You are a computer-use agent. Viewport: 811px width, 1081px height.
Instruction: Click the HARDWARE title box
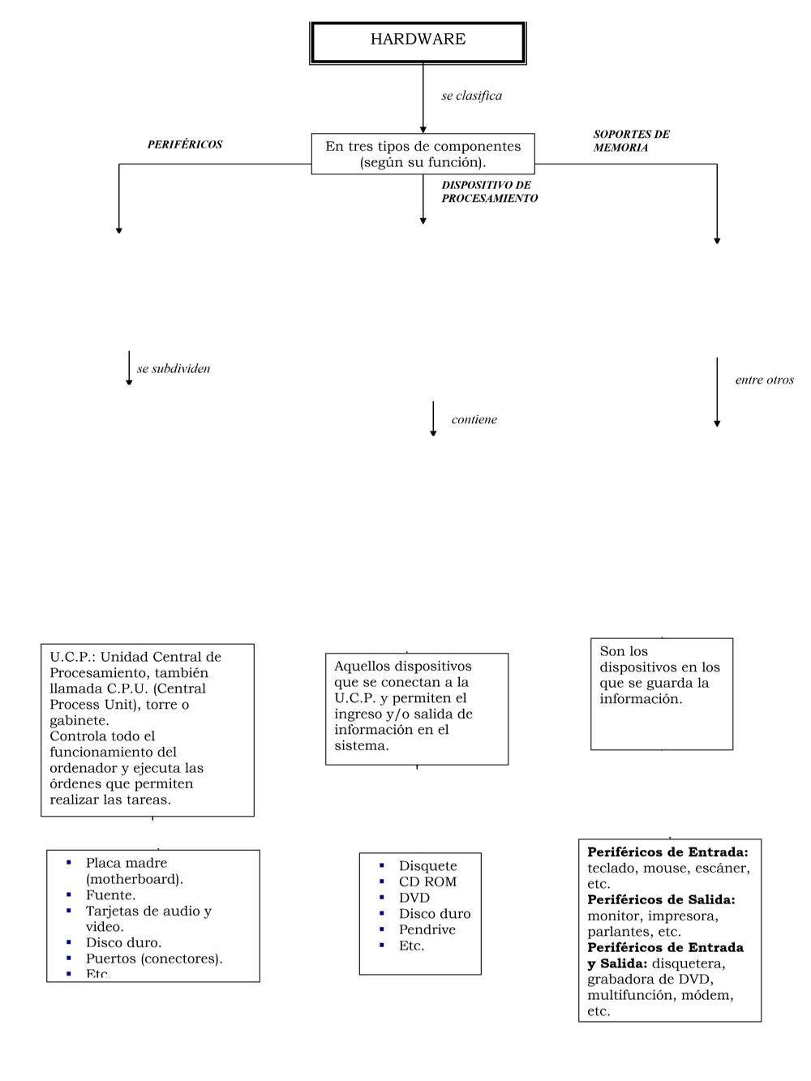[418, 41]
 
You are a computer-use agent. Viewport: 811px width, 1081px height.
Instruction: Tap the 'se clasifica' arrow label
[471, 96]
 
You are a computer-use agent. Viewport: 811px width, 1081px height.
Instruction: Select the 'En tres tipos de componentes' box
[423, 154]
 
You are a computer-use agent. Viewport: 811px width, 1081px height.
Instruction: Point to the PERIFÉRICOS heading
[184, 144]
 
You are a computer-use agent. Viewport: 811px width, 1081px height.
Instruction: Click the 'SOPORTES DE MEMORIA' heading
[631, 141]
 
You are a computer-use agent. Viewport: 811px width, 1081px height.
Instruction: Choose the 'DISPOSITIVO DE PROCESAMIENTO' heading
[489, 191]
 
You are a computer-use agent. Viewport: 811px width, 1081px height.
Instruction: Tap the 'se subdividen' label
[174, 368]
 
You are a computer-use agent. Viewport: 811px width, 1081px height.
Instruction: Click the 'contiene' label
[474, 419]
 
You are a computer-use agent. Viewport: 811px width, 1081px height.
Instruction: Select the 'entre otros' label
[764, 380]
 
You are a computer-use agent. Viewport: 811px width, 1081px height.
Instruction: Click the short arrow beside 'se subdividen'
[129, 367]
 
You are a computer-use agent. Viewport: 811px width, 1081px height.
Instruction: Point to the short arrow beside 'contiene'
[433, 418]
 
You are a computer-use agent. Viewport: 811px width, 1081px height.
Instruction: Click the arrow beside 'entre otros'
[717, 392]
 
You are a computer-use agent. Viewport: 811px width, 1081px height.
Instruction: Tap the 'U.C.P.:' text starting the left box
[71, 657]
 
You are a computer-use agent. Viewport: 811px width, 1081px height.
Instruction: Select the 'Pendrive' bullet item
[427, 929]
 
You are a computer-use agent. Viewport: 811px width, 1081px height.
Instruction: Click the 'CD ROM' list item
[427, 882]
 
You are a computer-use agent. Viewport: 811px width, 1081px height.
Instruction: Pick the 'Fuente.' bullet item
[110, 895]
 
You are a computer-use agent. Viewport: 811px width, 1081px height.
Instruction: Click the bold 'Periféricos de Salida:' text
[661, 900]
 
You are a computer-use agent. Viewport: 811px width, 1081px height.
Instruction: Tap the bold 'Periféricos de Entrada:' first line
[667, 852]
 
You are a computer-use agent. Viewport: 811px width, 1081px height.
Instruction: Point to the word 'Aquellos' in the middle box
[362, 666]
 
